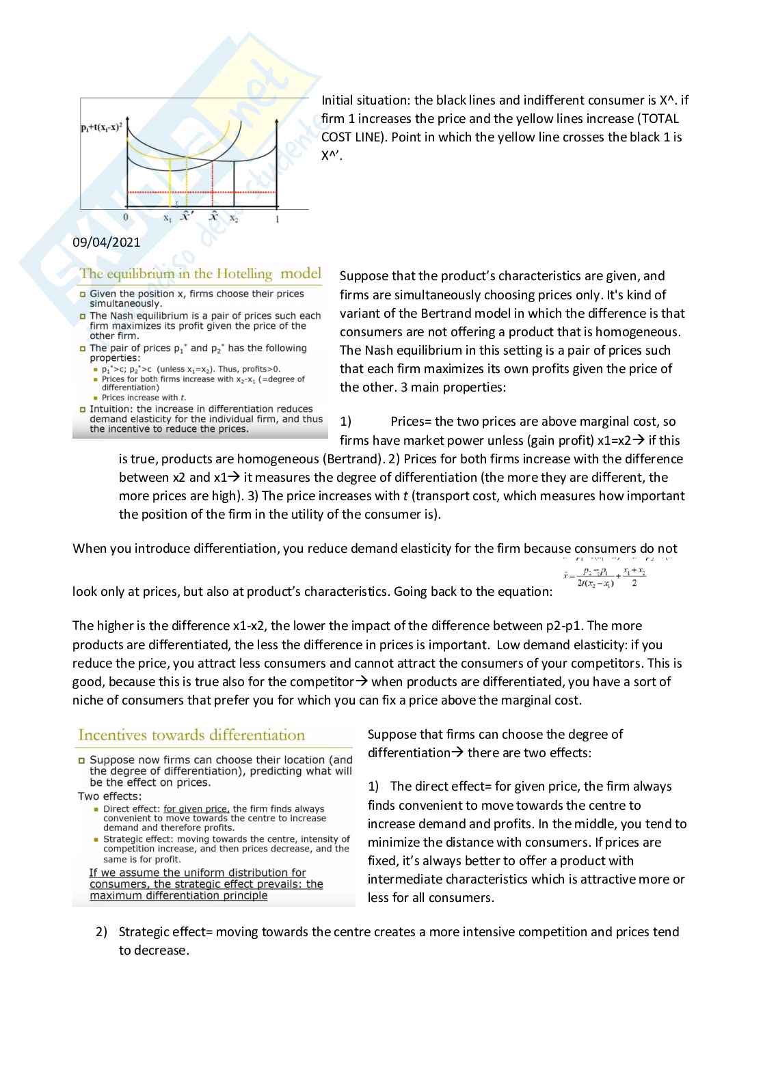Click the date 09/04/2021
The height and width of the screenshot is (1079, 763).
(106, 242)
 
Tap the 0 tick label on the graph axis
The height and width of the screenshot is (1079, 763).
(126, 218)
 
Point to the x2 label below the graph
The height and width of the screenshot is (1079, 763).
(234, 219)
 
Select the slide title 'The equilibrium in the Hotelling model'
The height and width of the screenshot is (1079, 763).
(200, 274)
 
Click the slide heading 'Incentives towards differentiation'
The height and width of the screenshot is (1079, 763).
(191, 735)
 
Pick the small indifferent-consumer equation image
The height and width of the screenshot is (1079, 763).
(605, 577)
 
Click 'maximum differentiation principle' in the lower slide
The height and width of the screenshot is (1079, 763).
(178, 896)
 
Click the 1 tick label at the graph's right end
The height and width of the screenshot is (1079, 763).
(277, 219)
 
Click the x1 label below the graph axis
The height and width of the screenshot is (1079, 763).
(168, 219)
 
